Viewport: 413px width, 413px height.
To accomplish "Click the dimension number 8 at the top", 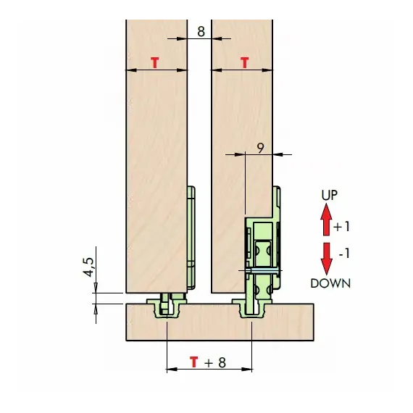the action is (x=201, y=31).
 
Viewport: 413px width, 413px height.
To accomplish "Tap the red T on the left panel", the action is (x=155, y=63).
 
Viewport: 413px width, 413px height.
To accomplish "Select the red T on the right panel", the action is (x=245, y=63).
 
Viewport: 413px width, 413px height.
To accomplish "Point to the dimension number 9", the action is (x=260, y=149).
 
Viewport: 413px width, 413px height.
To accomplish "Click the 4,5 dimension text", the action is (x=89, y=267).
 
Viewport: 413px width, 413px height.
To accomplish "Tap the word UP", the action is (x=329, y=195).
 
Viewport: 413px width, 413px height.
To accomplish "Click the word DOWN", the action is (x=330, y=283).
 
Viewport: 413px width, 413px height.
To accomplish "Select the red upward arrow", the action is (x=326, y=220).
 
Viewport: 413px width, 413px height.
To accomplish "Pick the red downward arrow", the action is (x=326, y=259).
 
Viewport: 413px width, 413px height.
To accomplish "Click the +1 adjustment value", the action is (x=341, y=227).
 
